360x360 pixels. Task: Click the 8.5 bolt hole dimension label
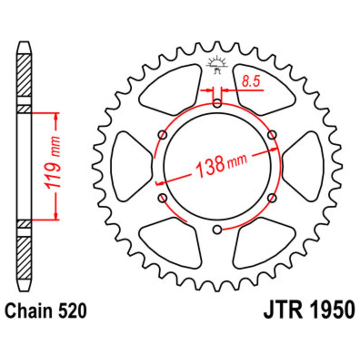click(x=251, y=82)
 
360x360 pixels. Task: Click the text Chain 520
click(x=46, y=311)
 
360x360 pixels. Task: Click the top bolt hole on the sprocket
click(x=217, y=103)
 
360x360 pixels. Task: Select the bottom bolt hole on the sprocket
click(x=217, y=229)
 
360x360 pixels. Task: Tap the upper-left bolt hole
click(x=163, y=135)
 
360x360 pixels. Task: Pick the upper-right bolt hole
click(x=272, y=135)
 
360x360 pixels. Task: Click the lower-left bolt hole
click(x=163, y=198)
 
